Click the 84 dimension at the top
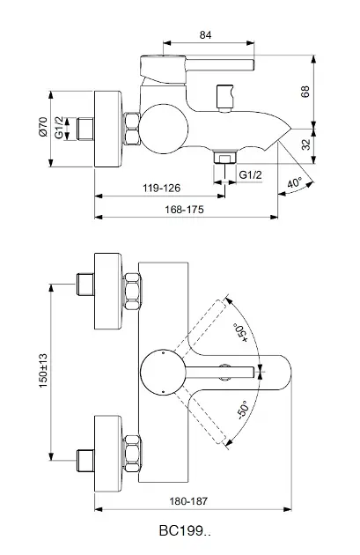(205, 34)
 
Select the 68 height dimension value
(330, 92)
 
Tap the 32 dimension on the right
(330, 144)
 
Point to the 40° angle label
(295, 184)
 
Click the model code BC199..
(185, 531)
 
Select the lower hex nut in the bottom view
(131, 451)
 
